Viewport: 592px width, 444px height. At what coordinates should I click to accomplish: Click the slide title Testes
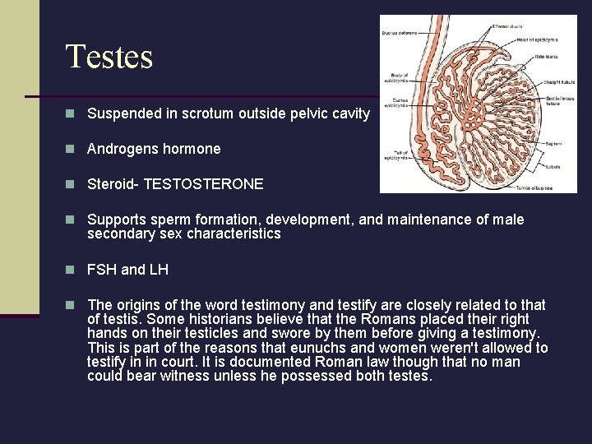(109, 57)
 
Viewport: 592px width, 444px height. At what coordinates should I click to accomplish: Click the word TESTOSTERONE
(203, 184)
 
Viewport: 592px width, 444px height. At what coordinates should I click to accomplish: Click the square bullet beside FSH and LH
(72, 269)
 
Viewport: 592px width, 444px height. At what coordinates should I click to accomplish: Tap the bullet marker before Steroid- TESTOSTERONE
(72, 184)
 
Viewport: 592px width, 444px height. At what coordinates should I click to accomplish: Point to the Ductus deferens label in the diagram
(399, 33)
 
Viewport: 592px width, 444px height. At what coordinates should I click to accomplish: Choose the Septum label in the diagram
(553, 144)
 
